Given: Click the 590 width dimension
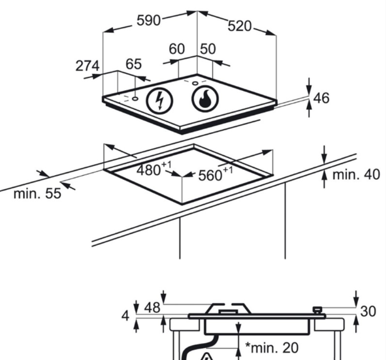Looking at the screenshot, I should [x=148, y=20].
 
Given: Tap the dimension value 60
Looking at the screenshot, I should [x=177, y=49].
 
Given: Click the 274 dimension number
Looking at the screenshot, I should [x=87, y=65].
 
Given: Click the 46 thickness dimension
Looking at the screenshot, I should [x=321, y=98].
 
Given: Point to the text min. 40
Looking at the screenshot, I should [x=356, y=174].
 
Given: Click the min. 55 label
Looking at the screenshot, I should [x=37, y=194].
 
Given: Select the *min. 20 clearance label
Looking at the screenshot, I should [x=272, y=347].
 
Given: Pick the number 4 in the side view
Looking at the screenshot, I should [x=126, y=316].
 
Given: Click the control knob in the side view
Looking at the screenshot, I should [x=318, y=310].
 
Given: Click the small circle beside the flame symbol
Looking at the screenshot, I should [x=195, y=83].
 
